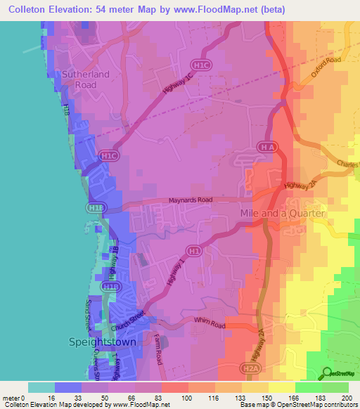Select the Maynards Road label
(x=190, y=200)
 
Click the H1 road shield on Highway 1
(x=194, y=249)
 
